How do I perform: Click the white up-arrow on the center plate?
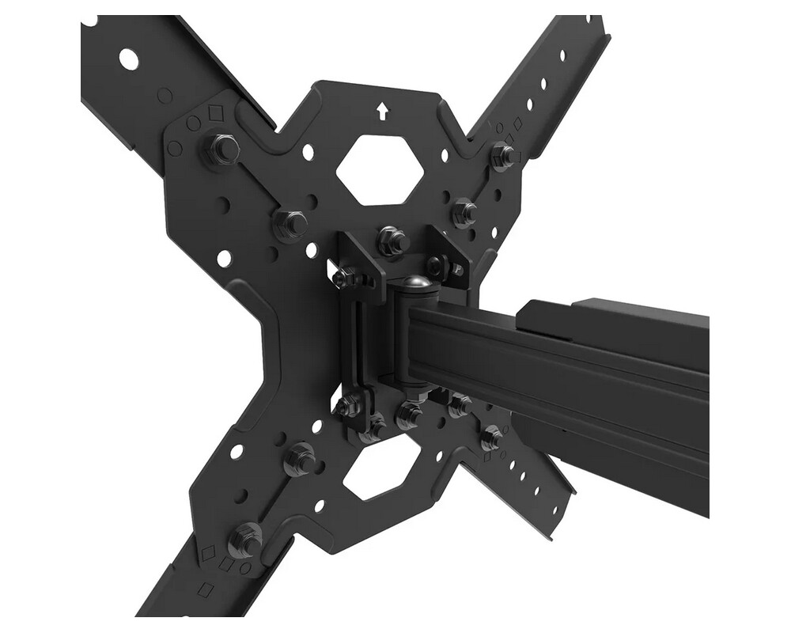(383, 111)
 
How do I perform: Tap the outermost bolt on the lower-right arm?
(492, 434)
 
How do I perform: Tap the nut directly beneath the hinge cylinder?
(410, 412)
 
